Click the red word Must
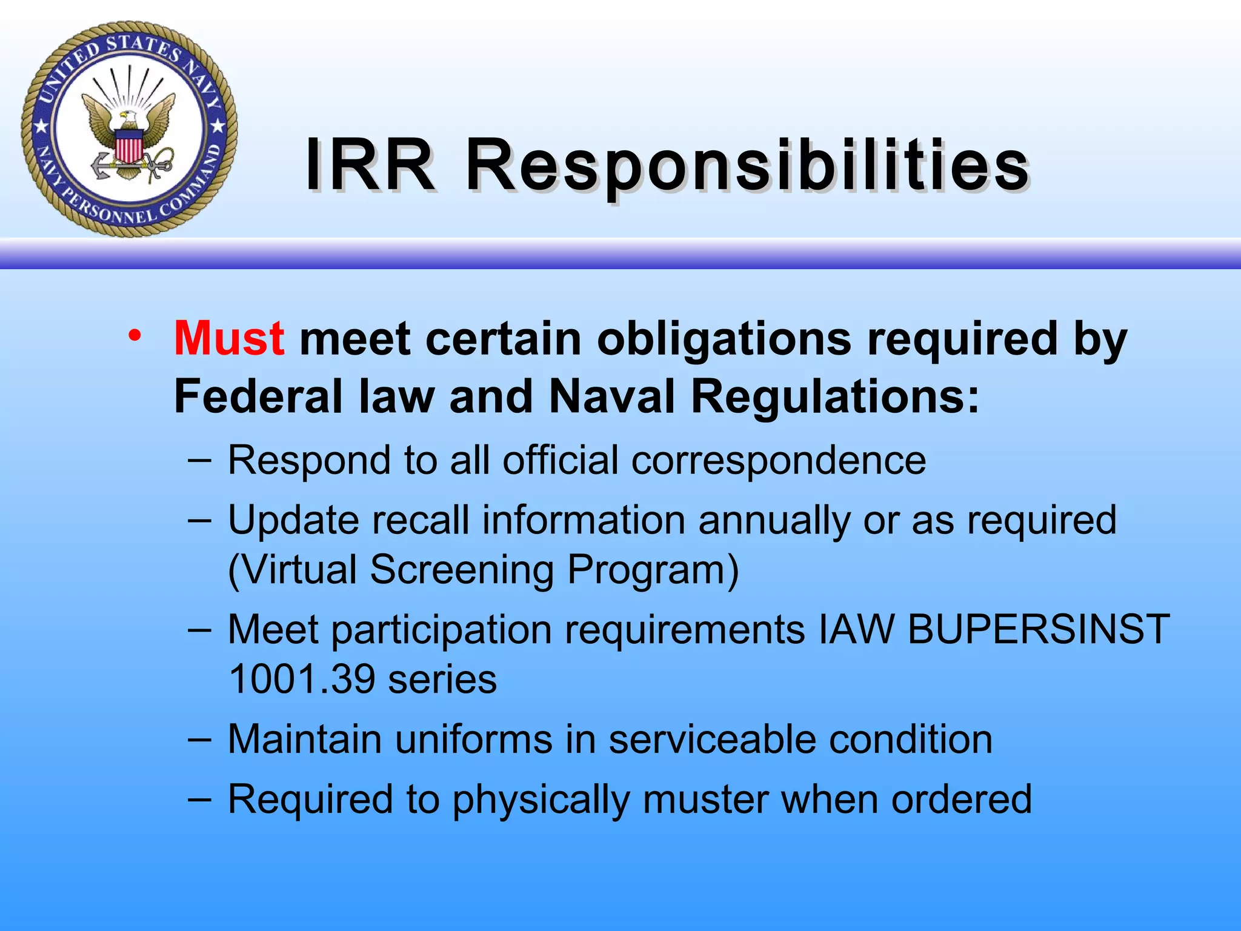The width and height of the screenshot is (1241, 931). pyautogui.click(x=228, y=339)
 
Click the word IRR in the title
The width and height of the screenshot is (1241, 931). pyautogui.click(x=370, y=165)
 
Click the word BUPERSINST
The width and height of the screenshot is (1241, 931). pyautogui.click(x=1039, y=629)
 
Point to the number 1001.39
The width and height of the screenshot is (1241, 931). pyautogui.click(x=302, y=679)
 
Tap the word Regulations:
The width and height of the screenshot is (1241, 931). pyautogui.click(x=835, y=397)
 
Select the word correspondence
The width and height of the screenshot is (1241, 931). pyautogui.click(x=779, y=461)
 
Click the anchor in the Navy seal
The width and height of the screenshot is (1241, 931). pyautogui.click(x=109, y=166)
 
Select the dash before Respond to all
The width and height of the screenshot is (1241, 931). pyautogui.click(x=199, y=459)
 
